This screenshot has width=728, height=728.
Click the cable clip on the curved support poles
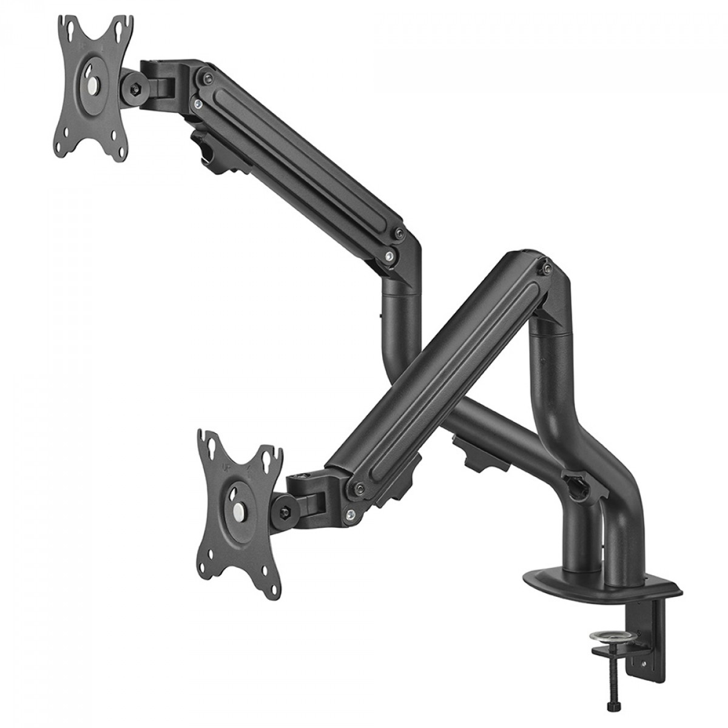(x=573, y=486)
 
